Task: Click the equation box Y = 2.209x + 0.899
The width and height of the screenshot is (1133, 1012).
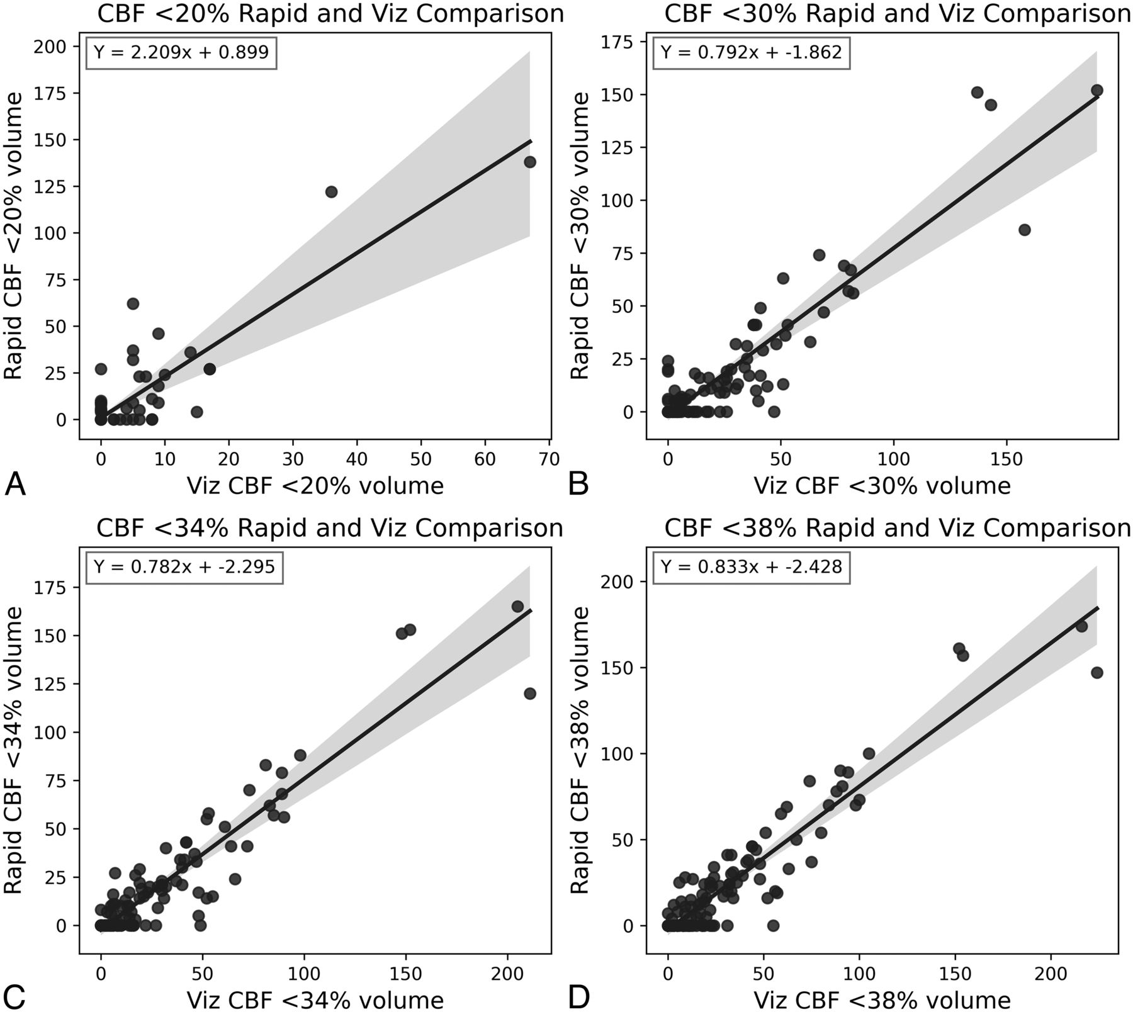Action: pyautogui.click(x=181, y=52)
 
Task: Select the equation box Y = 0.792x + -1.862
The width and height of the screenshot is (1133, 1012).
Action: pyautogui.click(x=752, y=52)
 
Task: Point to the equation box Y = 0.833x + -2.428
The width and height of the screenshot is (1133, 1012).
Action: pyautogui.click(x=752, y=567)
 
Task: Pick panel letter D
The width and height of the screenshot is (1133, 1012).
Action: pyautogui.click(x=579, y=996)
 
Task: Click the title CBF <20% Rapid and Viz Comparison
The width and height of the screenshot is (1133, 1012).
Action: pyautogui.click(x=330, y=14)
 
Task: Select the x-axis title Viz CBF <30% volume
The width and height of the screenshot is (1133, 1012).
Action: pyautogui.click(x=882, y=485)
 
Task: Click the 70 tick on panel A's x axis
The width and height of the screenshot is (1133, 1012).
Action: pyautogui.click(x=550, y=459)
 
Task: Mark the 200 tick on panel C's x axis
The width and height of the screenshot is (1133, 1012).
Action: pyautogui.click(x=508, y=973)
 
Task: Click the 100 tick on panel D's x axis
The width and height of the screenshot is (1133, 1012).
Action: pyautogui.click(x=860, y=973)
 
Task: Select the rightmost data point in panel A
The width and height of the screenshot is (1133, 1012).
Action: pyautogui.click(x=530, y=162)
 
